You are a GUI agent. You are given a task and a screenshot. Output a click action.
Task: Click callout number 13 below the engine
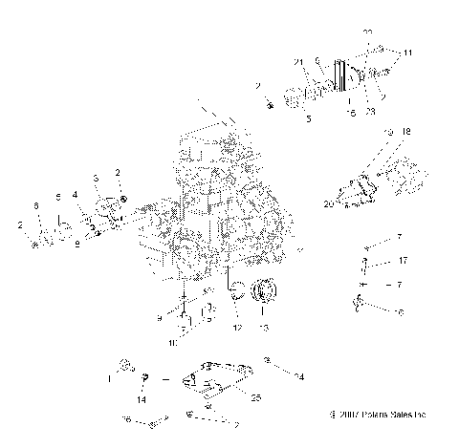click(263, 327)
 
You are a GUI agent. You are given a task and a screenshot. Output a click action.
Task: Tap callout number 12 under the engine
click(235, 327)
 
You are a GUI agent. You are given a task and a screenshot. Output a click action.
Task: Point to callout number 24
click(299, 377)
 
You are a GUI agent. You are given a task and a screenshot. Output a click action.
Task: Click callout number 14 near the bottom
click(142, 399)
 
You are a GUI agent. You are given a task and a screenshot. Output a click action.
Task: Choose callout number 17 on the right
click(404, 261)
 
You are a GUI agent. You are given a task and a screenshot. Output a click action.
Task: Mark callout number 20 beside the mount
click(329, 203)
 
